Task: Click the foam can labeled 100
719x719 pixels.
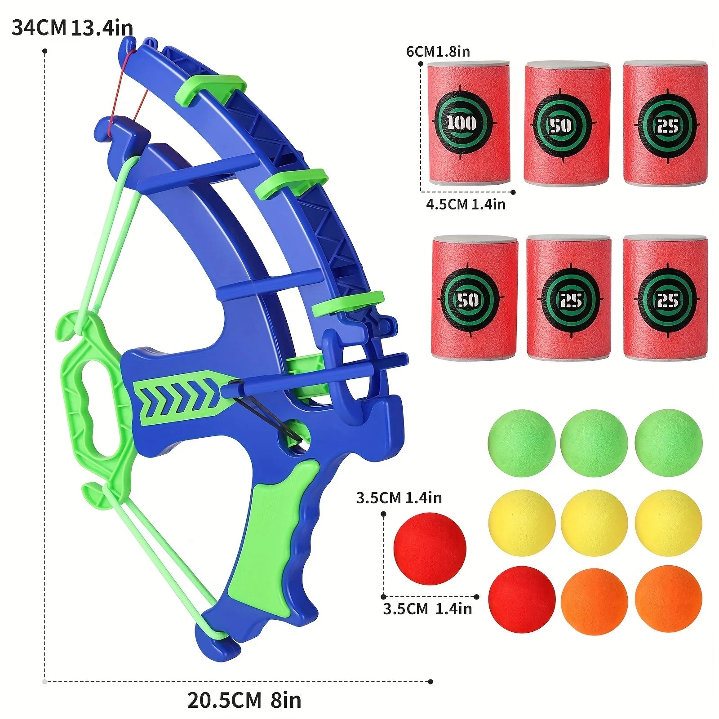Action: pyautogui.click(x=468, y=122)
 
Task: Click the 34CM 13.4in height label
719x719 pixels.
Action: pyautogui.click(x=72, y=28)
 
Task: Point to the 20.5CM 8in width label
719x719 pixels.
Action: pyautogui.click(x=244, y=700)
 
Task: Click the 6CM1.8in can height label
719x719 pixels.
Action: pyautogui.click(x=438, y=52)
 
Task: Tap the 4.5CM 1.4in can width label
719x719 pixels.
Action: pyautogui.click(x=466, y=204)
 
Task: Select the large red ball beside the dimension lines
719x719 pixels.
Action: pyautogui.click(x=430, y=548)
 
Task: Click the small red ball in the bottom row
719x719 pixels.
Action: pyautogui.click(x=521, y=599)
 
